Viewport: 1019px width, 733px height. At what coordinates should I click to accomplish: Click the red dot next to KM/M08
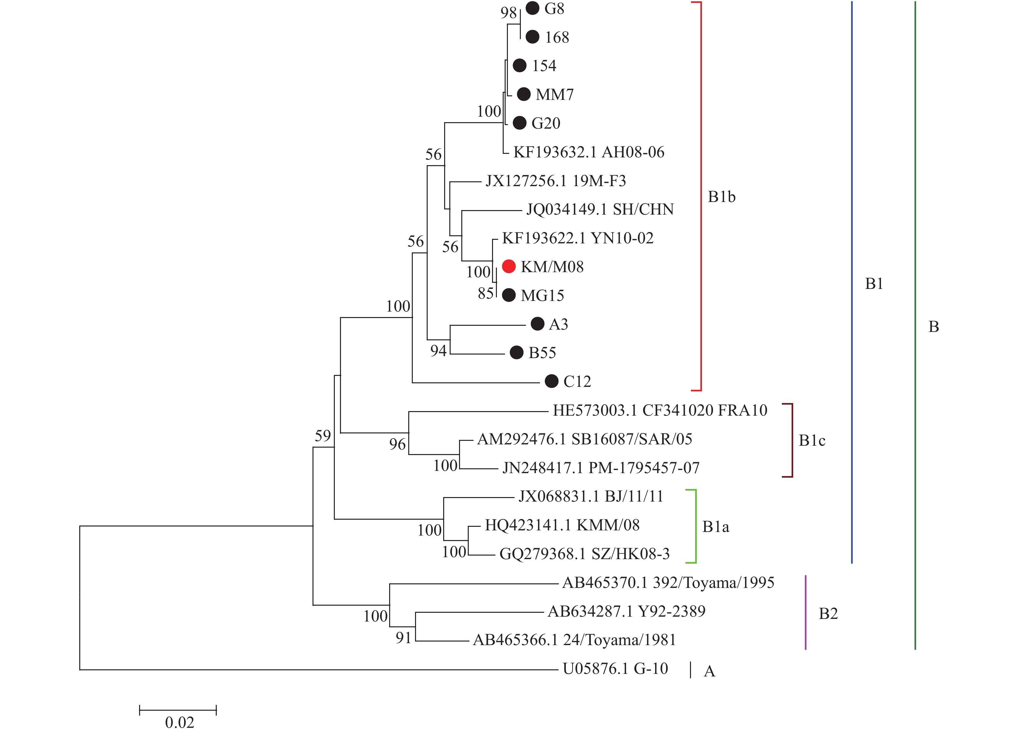tap(508, 267)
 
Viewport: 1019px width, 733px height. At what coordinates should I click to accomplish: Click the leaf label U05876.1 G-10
tap(615, 669)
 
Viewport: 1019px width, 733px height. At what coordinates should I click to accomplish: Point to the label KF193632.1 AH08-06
tap(588, 152)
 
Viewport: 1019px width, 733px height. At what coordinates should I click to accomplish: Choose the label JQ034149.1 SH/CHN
tap(600, 210)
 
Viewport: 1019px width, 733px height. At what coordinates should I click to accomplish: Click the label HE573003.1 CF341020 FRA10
tap(660, 410)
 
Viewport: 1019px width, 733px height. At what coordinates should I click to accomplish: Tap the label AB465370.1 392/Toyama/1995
tap(668, 583)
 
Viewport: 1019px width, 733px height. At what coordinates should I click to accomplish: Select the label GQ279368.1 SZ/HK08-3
tap(584, 554)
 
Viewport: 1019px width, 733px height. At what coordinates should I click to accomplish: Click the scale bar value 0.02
tap(179, 723)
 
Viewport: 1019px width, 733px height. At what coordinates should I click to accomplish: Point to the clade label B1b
tap(722, 197)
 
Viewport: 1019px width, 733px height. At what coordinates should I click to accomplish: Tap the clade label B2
tap(828, 614)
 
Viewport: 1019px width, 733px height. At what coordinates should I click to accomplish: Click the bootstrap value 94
tap(438, 351)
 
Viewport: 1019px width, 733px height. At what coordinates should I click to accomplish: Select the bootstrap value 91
tap(403, 638)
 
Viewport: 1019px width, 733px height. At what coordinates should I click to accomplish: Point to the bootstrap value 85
tap(486, 293)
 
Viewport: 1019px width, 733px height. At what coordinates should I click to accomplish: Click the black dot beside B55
tap(517, 353)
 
